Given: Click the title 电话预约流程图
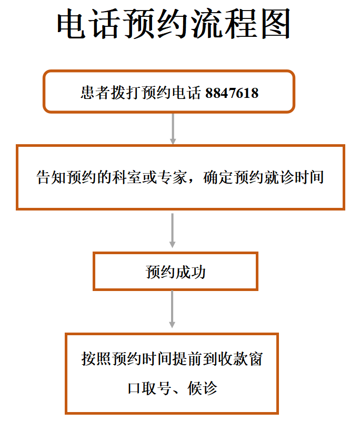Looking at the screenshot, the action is click(x=174, y=24).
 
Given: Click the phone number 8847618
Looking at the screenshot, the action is click(x=232, y=93).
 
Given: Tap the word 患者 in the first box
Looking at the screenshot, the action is click(x=96, y=93).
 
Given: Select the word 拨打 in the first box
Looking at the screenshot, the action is click(x=126, y=93).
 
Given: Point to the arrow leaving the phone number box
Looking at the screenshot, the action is click(x=173, y=129).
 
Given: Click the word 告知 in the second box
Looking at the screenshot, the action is click(x=51, y=177).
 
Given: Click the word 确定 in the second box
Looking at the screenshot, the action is click(x=218, y=177).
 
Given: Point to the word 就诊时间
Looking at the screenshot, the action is click(x=294, y=177).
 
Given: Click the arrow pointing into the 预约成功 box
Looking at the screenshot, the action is click(x=172, y=230).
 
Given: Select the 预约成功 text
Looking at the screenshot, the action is click(x=176, y=272).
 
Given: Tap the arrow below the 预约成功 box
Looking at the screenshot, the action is click(x=172, y=309).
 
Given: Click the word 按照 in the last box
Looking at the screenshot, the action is click(x=96, y=359).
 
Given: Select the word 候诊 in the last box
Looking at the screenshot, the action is click(x=202, y=388).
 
